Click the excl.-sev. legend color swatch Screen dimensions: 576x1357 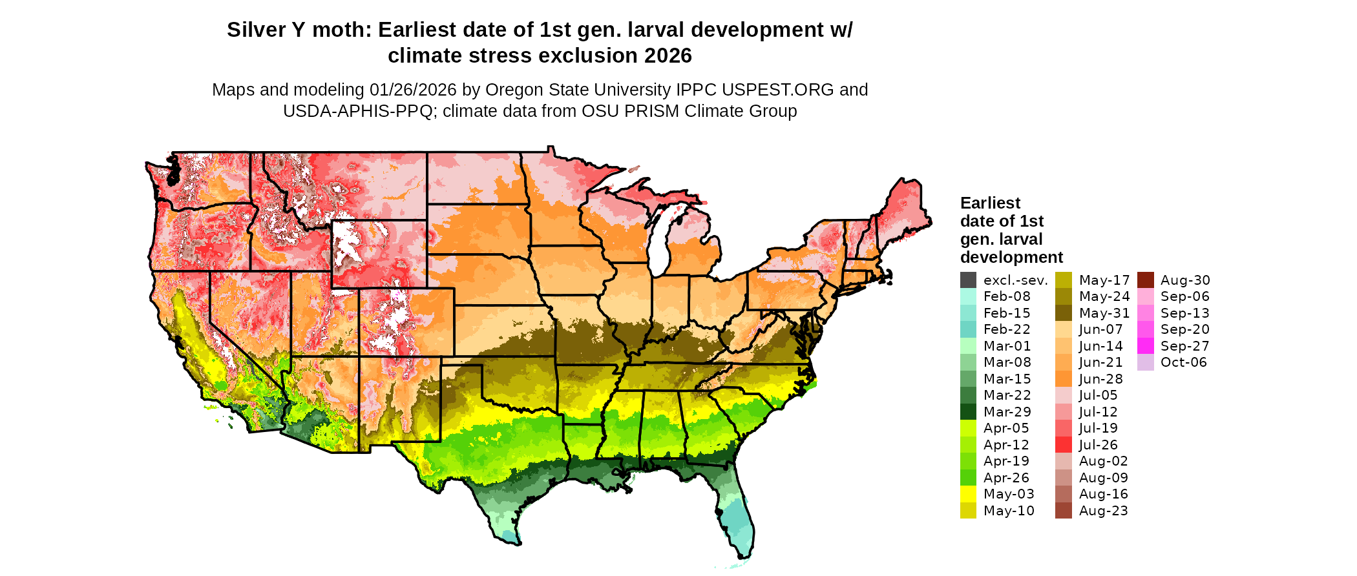(x=968, y=280)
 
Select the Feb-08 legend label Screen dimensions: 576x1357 (x=1007, y=297)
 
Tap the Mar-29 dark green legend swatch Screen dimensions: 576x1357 (x=968, y=412)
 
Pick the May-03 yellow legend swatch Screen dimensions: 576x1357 (x=968, y=494)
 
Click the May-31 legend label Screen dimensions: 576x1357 (x=1104, y=313)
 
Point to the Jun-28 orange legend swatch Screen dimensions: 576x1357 (x=1063, y=379)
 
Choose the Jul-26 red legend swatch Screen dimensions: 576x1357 (x=1063, y=445)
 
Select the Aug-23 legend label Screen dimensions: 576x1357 (x=1103, y=511)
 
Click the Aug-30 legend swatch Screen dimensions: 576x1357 (x=1145, y=280)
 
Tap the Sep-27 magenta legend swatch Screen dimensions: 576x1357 (x=1145, y=346)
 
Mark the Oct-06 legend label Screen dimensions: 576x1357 (x=1183, y=362)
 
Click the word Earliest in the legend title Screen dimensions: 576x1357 (x=990, y=203)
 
